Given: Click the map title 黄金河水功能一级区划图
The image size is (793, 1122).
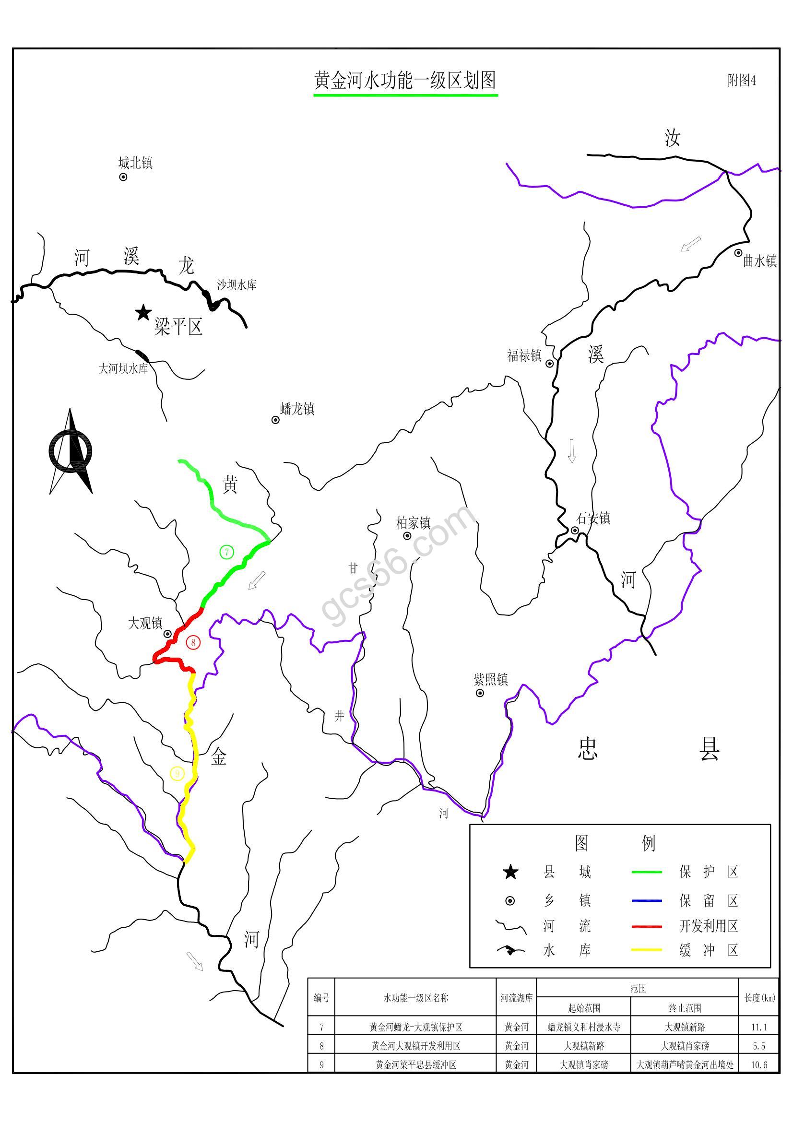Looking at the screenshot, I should (x=405, y=81).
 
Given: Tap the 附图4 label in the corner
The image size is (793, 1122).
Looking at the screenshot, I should (x=741, y=80).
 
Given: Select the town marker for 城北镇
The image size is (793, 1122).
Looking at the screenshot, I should (x=123, y=177).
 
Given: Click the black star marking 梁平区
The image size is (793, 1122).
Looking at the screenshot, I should (x=143, y=312).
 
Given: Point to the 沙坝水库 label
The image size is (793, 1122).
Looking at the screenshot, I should (x=237, y=285).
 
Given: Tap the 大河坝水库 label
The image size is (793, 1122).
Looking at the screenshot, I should (x=123, y=369).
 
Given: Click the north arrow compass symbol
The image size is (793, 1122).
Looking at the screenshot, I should (x=71, y=451).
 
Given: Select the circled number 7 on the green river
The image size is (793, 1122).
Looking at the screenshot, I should (x=227, y=552).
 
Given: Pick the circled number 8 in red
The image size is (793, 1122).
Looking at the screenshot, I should (x=193, y=643).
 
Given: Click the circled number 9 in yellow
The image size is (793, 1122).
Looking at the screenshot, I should (x=177, y=773).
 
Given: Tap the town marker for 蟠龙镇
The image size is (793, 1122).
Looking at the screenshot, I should (x=275, y=420).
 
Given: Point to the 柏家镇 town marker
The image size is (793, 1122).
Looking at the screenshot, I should (x=407, y=536).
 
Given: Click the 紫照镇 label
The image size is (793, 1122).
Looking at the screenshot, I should (x=491, y=679).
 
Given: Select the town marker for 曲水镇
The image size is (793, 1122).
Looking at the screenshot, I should (x=738, y=253).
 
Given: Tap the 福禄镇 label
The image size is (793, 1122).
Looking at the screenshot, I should (x=524, y=356).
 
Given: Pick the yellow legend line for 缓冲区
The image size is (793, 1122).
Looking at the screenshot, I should (x=646, y=949).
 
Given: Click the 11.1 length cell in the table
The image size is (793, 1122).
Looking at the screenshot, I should (x=759, y=1027).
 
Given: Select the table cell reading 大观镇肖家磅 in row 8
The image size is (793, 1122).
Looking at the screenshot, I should (x=685, y=1046).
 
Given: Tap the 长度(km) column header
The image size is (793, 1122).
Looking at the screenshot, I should (x=759, y=998).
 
